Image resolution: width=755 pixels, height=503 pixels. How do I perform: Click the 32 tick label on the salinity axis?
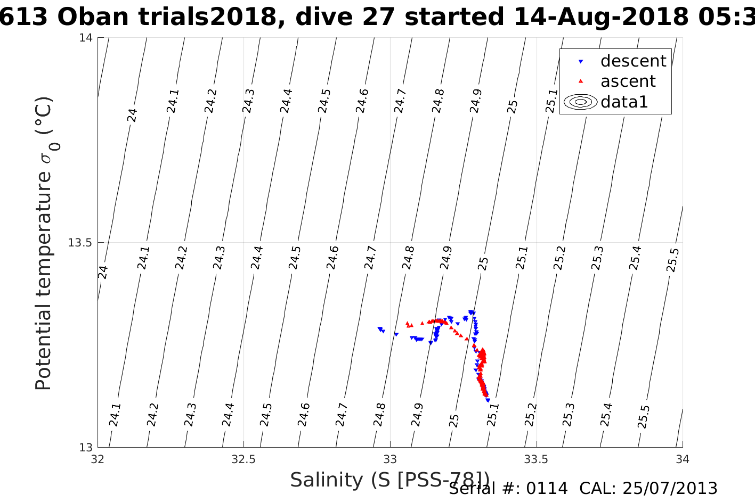98,459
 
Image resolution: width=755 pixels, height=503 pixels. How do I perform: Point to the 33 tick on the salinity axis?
390,459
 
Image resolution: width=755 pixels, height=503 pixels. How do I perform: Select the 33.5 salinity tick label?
536,459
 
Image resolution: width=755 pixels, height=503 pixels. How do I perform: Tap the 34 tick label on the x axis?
683,459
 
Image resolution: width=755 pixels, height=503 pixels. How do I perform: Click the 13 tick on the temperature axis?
86,448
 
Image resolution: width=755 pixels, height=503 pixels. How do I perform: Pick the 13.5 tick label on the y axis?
80,243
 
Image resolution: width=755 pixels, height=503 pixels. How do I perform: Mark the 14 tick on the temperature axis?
86,38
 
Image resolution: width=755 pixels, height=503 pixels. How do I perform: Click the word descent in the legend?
633,61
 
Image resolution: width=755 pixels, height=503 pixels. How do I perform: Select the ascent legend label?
628,81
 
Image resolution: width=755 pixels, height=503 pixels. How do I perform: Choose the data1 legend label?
624,102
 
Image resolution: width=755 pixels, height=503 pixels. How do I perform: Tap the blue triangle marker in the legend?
581,62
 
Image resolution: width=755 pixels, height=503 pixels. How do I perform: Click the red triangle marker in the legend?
581,81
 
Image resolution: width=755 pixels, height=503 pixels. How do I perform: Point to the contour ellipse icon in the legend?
581,102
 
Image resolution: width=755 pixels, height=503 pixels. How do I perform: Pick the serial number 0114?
547,489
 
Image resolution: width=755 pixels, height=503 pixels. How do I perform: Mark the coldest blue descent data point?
488,400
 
